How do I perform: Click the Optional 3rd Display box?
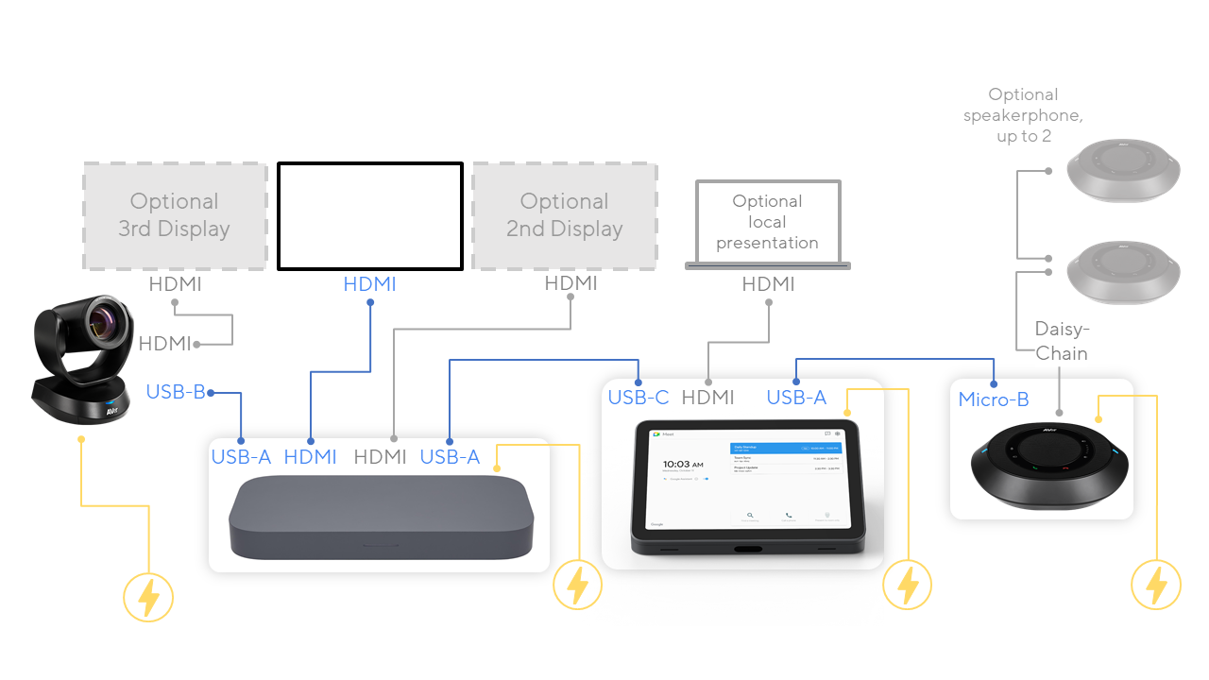click(175, 215)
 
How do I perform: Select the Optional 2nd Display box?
click(565, 215)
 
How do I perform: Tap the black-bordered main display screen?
click(370, 216)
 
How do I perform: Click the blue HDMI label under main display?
click(369, 284)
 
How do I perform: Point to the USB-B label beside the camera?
click(176, 392)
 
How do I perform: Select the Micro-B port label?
click(994, 399)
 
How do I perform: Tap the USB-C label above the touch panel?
click(639, 398)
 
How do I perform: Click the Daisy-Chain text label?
click(1062, 341)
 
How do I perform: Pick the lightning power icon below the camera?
click(148, 597)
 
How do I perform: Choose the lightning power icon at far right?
click(1156, 585)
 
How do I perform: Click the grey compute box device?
click(382, 517)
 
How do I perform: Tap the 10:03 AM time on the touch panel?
click(682, 464)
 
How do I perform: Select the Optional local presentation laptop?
click(767, 224)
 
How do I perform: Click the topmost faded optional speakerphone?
click(1124, 171)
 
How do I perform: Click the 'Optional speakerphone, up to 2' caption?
click(1023, 115)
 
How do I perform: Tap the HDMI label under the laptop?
click(768, 284)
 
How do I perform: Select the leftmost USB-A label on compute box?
click(241, 457)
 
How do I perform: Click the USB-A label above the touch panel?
click(796, 398)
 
